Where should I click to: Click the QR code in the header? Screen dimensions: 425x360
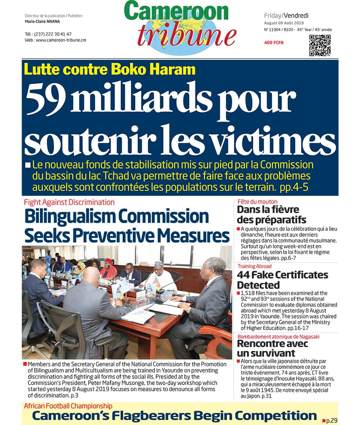(320, 45)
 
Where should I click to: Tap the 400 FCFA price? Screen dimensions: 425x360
(274, 43)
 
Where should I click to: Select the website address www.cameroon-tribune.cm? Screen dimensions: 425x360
(61, 40)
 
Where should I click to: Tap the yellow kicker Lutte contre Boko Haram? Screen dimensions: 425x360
(110, 69)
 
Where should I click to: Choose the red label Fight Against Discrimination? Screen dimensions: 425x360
(69, 202)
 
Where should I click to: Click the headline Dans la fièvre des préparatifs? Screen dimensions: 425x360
(271, 214)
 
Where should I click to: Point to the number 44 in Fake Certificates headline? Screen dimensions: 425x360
(244, 275)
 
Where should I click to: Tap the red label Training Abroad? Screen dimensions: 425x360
(254, 266)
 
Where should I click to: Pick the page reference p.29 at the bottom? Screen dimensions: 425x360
(332, 420)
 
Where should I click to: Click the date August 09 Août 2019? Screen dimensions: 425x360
(284, 23)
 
